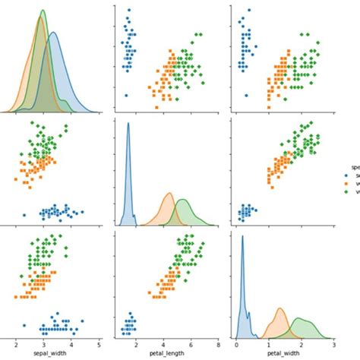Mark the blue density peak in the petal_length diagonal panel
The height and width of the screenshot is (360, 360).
tap(128, 125)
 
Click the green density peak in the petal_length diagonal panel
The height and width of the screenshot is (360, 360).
tap(183, 200)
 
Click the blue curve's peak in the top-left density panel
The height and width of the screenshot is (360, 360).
tap(52, 33)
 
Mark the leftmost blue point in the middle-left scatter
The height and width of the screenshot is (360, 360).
tap(25, 216)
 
